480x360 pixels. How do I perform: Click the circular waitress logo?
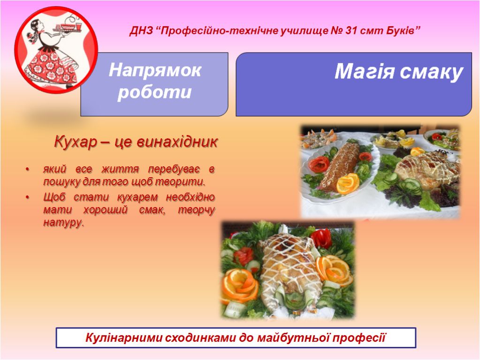[56, 50]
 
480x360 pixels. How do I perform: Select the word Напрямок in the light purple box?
[155, 70]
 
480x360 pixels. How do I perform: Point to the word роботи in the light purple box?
[154, 92]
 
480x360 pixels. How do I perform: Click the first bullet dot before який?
[28, 169]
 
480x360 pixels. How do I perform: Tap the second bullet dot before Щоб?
[28, 198]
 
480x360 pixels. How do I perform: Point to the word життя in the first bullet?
[120, 169]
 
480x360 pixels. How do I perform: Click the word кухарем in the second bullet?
[137, 197]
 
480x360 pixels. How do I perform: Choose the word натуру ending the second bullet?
[63, 223]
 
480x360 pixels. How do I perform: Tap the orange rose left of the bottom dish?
[240, 285]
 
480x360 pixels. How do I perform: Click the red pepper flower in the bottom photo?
[321, 238]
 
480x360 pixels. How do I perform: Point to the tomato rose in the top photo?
[319, 164]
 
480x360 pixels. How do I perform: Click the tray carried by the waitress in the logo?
[68, 30]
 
